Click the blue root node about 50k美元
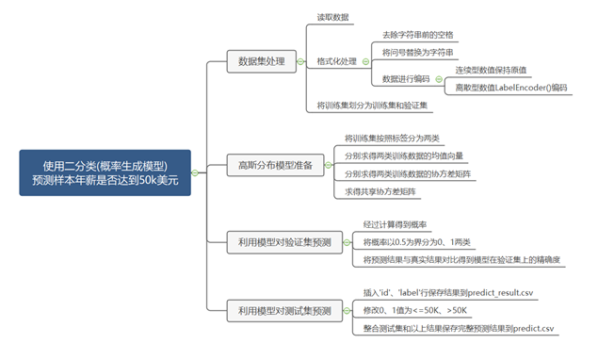105,172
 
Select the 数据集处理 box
261,62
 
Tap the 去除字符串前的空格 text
418,34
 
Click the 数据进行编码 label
406,79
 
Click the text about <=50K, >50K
414,309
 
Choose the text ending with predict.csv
458,328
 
